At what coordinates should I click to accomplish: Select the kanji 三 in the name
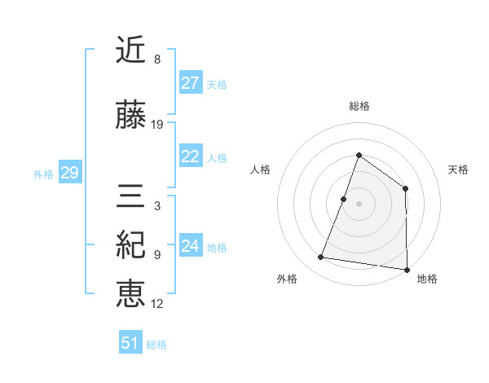tap(131, 196)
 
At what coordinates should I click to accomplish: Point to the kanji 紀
tap(131, 244)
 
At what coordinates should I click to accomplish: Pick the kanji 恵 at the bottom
tap(131, 293)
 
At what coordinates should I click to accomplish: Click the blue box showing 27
tap(191, 83)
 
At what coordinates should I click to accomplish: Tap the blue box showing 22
tap(191, 157)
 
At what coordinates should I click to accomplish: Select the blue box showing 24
tap(191, 247)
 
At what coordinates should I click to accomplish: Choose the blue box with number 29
tap(69, 174)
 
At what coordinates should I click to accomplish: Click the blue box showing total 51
tap(130, 343)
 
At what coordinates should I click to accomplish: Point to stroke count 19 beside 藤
tap(157, 125)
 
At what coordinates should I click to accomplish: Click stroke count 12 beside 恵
tap(157, 304)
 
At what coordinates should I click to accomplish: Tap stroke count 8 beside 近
tap(156, 59)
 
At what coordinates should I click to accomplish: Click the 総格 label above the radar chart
tap(359, 106)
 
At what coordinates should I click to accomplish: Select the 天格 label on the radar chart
tap(458, 170)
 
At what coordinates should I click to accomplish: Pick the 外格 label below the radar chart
tap(287, 279)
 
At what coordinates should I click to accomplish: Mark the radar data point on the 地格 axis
tap(407, 269)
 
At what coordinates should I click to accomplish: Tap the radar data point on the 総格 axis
tap(359, 156)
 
